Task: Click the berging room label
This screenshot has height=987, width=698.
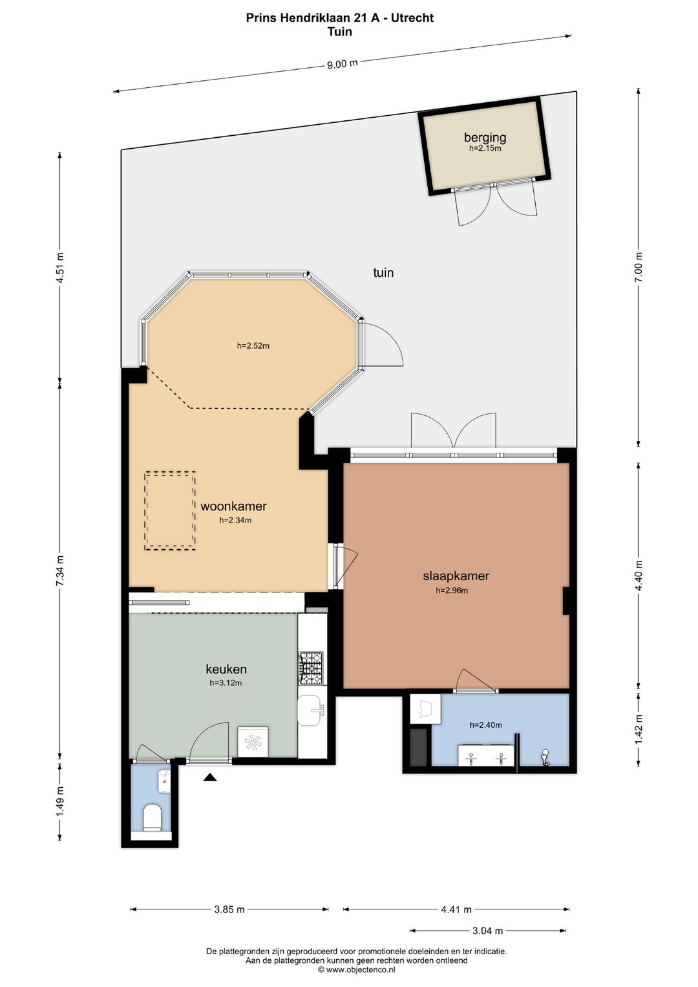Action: [485, 137]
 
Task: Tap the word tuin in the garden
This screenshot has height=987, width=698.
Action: [383, 273]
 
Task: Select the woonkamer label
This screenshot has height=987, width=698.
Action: [233, 506]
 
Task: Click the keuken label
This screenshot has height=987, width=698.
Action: [226, 669]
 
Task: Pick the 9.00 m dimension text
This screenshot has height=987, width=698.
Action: [342, 64]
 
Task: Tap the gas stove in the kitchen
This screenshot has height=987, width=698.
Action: [311, 668]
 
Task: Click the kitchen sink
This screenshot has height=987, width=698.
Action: [312, 710]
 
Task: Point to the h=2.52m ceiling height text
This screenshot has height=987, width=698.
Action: [253, 346]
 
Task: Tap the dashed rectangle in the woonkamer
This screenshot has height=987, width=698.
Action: [170, 511]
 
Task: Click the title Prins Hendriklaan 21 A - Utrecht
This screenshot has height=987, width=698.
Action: [339, 17]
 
